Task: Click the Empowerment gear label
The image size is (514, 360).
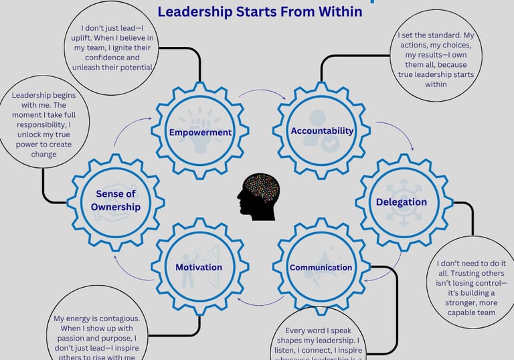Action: coord(200,132)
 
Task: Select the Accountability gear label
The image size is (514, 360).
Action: coord(322,130)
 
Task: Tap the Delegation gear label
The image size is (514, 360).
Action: coord(401,201)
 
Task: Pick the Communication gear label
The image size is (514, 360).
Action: coord(321,268)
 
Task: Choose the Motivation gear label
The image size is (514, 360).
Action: coord(198,268)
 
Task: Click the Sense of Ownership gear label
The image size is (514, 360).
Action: coord(116,200)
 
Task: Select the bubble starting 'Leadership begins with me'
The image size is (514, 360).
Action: coord(43,126)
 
